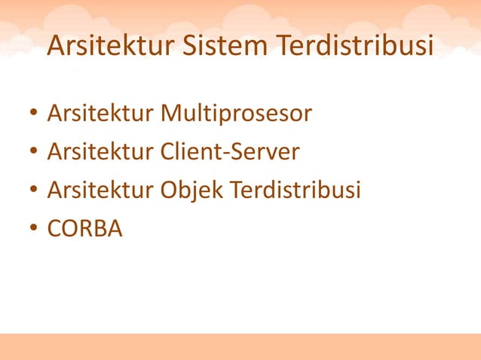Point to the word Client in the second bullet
(x=188, y=152)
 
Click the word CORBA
(x=84, y=227)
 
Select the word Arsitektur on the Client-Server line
(x=100, y=152)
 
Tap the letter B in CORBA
(x=97, y=227)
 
